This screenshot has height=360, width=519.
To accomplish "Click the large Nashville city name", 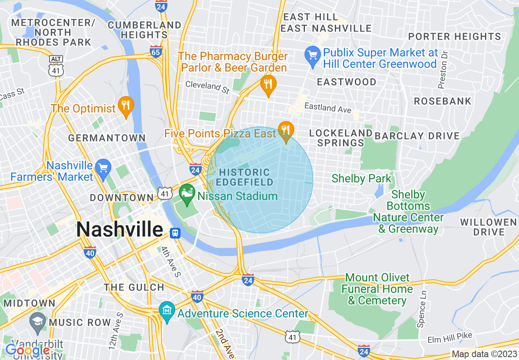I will [120, 229].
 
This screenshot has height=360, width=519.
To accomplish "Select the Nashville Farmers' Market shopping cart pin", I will [103, 168].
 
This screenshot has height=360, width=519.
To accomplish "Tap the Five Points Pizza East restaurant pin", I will [285, 131].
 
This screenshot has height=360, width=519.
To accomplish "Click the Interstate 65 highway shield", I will [156, 52].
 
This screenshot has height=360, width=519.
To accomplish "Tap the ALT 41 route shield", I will [55, 67].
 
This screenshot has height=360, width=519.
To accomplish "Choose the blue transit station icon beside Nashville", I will [175, 233].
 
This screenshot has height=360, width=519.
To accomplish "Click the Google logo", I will [27, 350].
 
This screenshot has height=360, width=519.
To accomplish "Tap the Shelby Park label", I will [361, 178].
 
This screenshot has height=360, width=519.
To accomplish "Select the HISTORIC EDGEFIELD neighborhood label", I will [245, 177].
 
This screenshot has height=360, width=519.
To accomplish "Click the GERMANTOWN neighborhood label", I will [107, 138].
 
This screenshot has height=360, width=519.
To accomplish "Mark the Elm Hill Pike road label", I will [450, 338].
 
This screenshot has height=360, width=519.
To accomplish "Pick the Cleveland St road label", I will [208, 87].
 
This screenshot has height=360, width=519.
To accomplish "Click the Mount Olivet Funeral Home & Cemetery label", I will [377, 289].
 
